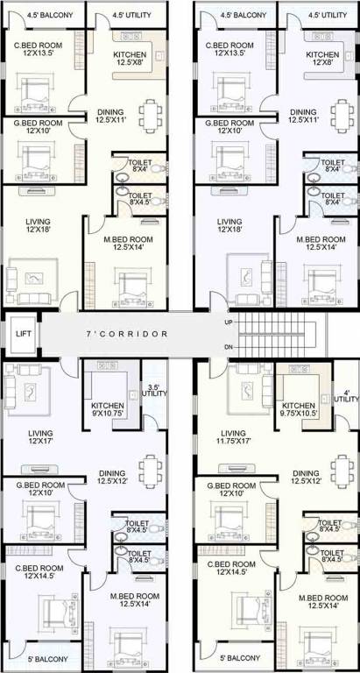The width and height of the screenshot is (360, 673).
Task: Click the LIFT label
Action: click(22, 334)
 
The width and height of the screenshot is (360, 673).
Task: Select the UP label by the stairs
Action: click(229, 322)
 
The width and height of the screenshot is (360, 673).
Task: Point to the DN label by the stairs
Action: click(229, 348)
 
